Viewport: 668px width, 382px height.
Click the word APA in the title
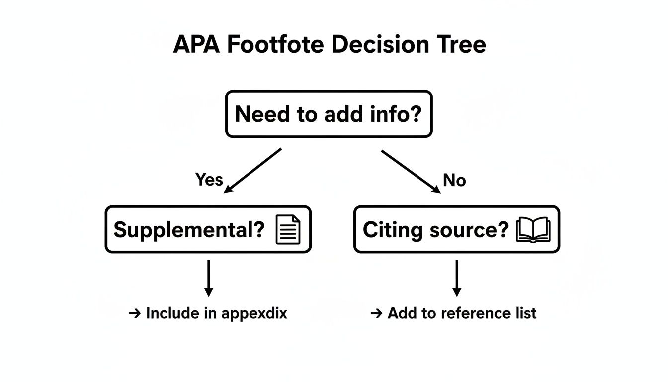[196, 45]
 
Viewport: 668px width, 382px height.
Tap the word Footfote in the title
[275, 45]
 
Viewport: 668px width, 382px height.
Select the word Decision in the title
[379, 45]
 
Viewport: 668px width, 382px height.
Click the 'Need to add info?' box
[329, 114]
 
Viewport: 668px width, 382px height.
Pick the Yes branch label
[209, 179]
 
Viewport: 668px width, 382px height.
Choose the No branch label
[454, 180]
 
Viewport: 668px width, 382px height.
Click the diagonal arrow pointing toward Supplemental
[253, 171]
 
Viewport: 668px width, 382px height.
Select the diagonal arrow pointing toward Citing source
[411, 171]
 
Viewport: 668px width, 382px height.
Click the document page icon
[288, 230]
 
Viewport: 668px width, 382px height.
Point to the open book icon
[533, 230]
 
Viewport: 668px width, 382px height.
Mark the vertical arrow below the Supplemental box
[209, 278]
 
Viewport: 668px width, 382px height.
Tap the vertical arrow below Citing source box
[456, 278]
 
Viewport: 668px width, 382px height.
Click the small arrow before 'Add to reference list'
[376, 313]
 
